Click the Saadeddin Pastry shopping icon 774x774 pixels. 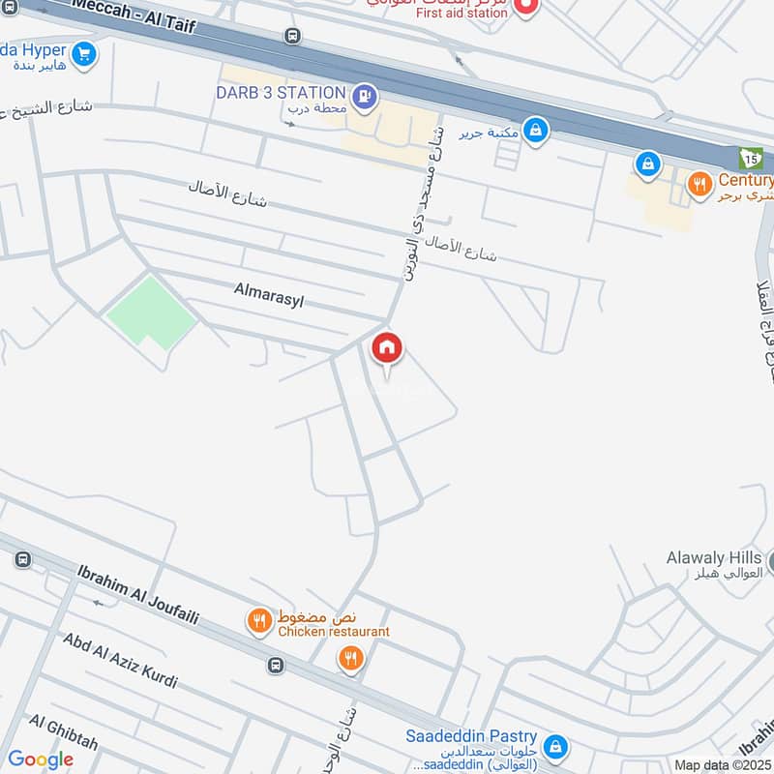point(554,746)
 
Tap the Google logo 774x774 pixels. point(41,759)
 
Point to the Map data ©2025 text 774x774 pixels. point(723,765)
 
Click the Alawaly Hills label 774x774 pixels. point(714,558)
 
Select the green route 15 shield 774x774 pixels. point(751,158)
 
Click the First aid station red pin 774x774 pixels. point(526,8)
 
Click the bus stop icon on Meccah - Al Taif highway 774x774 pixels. point(292,36)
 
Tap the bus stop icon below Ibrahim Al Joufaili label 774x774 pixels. point(277,665)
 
